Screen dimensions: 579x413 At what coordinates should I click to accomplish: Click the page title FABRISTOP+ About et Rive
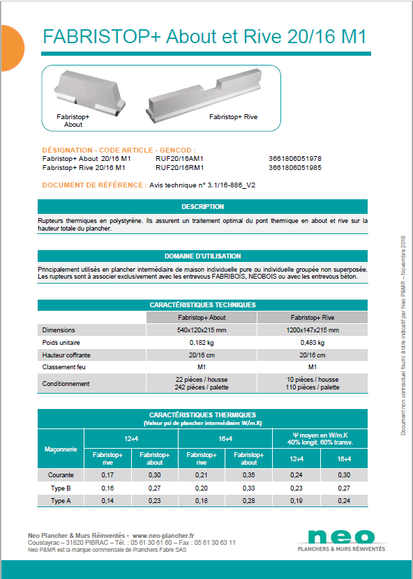click(x=204, y=38)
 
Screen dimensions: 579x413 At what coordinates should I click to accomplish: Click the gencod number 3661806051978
click(x=294, y=158)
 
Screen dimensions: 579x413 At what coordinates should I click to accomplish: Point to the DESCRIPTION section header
click(x=202, y=207)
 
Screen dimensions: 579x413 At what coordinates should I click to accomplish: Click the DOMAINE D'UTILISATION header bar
click(x=202, y=256)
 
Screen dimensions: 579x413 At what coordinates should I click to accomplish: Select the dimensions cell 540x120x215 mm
click(x=202, y=330)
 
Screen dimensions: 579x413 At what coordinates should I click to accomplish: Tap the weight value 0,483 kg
click(x=313, y=343)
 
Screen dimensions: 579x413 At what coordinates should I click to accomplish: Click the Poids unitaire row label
click(x=63, y=343)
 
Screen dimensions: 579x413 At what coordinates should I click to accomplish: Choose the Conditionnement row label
click(x=66, y=383)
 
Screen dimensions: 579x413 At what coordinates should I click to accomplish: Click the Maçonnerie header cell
click(x=61, y=449)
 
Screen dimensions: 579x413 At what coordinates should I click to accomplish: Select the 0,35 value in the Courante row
click(x=249, y=475)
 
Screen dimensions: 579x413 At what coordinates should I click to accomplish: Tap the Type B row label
click(x=61, y=488)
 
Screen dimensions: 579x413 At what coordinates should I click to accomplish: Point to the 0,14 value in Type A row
click(x=107, y=501)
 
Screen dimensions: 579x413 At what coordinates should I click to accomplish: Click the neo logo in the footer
click(x=340, y=537)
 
